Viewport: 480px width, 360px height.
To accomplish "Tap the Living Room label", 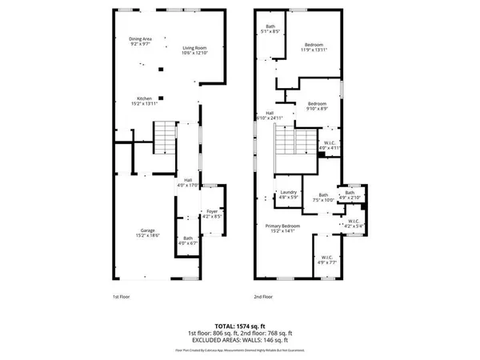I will (x=194, y=50).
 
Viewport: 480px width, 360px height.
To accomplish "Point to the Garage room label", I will (x=143, y=233).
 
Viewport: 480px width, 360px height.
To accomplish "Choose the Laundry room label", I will (x=288, y=194).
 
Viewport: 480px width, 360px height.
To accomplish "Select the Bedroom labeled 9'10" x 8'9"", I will (x=318, y=106).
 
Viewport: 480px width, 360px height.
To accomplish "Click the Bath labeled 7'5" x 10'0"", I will (x=323, y=198).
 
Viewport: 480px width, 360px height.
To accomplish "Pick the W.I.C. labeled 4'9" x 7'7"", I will (x=326, y=260).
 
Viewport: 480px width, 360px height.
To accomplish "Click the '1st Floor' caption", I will (x=121, y=296).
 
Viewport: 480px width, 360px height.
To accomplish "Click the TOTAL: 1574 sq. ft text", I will (x=239, y=325).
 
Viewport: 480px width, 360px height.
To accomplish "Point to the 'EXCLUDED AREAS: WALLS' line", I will (x=239, y=339).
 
